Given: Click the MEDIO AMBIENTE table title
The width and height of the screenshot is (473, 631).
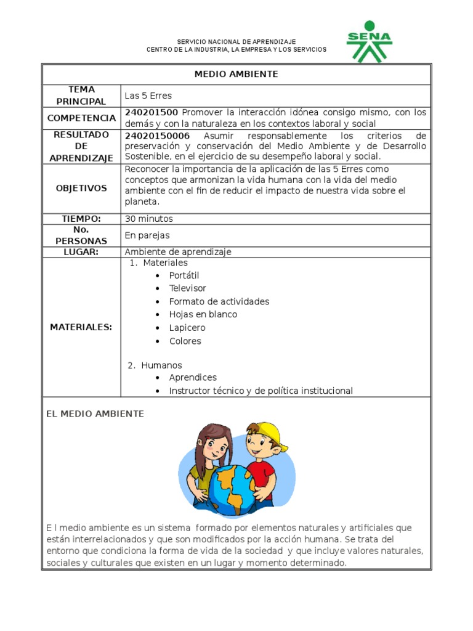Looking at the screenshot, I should [236, 74].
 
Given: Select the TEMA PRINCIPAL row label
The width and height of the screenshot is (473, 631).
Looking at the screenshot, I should [81, 96].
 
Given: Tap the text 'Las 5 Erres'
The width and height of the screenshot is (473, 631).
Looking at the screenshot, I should [148, 96].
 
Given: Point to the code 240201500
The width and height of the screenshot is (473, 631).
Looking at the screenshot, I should [152, 112].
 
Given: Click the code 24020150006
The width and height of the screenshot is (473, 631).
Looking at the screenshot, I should [157, 136].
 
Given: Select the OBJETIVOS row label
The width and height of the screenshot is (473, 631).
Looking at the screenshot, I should [81, 188].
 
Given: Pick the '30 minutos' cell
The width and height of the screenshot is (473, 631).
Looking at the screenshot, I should [148, 219].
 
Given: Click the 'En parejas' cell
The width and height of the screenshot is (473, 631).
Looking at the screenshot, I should [147, 235].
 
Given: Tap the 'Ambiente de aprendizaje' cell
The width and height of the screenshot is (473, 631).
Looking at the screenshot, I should [178, 252].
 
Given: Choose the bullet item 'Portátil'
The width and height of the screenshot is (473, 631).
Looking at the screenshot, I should [184, 275].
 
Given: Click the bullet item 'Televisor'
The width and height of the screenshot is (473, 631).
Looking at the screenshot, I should [187, 288].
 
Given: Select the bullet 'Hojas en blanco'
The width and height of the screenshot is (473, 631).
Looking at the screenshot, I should [203, 314].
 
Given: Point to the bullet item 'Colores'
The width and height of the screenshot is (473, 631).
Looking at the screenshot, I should [185, 341].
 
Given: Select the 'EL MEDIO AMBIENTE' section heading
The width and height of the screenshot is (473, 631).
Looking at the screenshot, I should [95, 414].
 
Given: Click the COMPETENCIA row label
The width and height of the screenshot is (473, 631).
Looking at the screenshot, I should [81, 118].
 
